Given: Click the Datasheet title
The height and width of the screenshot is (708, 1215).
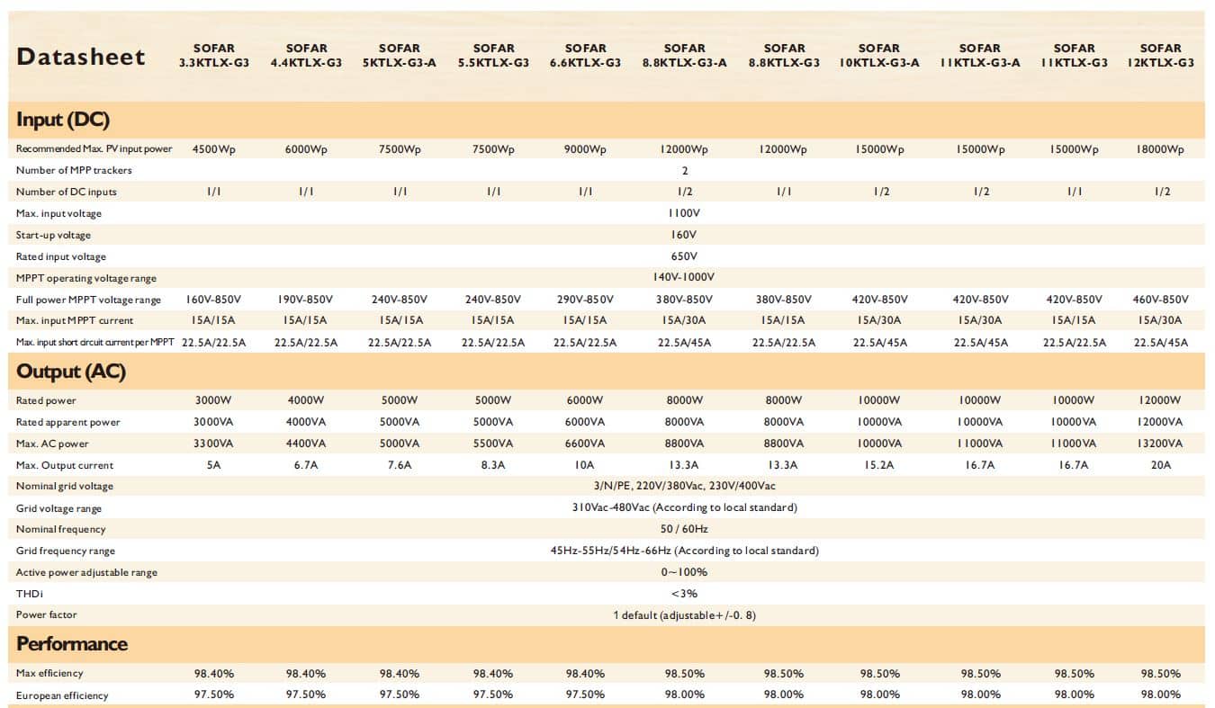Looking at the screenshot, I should tap(81, 57).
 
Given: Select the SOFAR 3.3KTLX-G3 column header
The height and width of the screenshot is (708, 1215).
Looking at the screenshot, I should tap(213, 56).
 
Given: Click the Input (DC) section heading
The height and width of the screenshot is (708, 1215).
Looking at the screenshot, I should tap(63, 120).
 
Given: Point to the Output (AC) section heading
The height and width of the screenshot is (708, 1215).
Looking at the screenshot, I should tap(71, 372).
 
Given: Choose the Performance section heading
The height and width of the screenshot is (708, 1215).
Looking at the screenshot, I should tap(72, 644).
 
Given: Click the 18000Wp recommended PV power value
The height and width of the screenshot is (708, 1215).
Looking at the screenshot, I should tap(1160, 149).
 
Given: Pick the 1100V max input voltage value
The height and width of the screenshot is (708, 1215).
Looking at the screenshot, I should tap(683, 213).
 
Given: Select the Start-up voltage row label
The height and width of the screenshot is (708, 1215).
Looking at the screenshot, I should tap(53, 235).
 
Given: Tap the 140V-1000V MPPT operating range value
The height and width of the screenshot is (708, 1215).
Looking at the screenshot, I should tap(683, 278).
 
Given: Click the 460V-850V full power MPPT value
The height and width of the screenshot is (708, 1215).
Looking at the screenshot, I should tap(1160, 300).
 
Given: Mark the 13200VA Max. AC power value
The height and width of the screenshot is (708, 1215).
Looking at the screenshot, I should tap(1160, 444).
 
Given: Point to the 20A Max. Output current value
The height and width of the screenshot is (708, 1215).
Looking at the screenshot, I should tap(1160, 465).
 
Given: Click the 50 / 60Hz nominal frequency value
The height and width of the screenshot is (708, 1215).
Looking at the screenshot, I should tap(683, 529).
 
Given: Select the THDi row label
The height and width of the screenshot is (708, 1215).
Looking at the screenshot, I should tap(30, 594).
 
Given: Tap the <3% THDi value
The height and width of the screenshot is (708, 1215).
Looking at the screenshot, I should tap(683, 594).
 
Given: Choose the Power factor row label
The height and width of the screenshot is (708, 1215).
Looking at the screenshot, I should tap(47, 615).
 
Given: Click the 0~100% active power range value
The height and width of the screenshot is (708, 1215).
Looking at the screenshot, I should tap(683, 572).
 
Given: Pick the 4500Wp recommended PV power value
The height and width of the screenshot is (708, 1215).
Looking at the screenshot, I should tap(213, 149).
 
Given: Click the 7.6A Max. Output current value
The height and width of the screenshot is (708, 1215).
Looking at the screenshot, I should tap(399, 465).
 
